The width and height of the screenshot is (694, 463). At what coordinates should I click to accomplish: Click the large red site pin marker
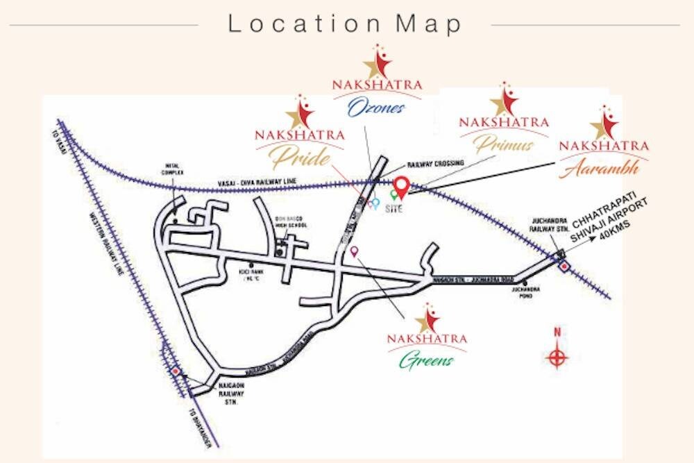point(401,186)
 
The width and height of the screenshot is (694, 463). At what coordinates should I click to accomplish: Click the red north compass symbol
point(557,357)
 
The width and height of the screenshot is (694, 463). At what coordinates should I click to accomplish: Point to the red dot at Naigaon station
point(176,371)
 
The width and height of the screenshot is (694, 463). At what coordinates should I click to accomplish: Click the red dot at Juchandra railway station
point(564,265)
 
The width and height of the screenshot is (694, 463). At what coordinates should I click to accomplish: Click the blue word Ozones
point(375,108)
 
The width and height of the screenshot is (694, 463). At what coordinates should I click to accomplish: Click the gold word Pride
point(300,159)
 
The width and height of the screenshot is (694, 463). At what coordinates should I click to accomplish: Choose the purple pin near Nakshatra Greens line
point(353,251)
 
